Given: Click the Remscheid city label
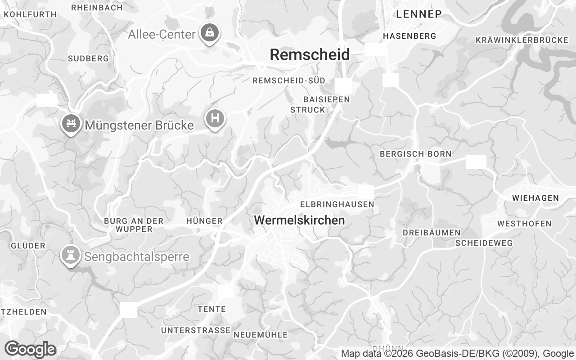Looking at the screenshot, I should (x=310, y=55).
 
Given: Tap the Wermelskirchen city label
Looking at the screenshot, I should (x=299, y=220).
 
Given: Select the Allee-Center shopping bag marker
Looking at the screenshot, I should (x=210, y=32).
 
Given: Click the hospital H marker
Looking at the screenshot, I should (x=215, y=119).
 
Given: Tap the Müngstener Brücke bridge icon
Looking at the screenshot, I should (x=71, y=122).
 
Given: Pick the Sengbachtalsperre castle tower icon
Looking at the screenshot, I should (x=70, y=255).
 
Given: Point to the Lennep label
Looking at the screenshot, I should (x=418, y=14).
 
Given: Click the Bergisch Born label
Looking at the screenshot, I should (x=415, y=154).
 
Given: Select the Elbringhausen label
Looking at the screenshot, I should (x=337, y=204).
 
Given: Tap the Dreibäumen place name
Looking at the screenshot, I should (x=431, y=233).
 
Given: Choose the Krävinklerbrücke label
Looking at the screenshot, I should (x=522, y=40).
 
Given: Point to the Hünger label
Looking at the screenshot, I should (x=204, y=221).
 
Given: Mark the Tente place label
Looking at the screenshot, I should (x=211, y=309).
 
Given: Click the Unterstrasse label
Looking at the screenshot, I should (x=196, y=330).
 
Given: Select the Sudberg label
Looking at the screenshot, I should (x=88, y=58).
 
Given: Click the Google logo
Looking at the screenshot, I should (x=30, y=349).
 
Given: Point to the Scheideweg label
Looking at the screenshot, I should (x=484, y=243).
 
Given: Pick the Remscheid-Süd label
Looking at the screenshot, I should (x=289, y=81).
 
